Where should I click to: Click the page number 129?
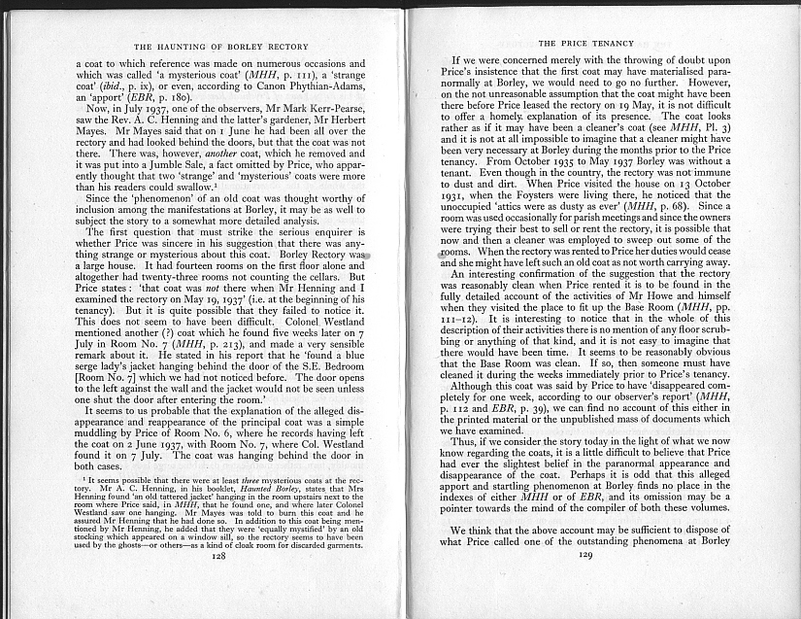tap(584, 581)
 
